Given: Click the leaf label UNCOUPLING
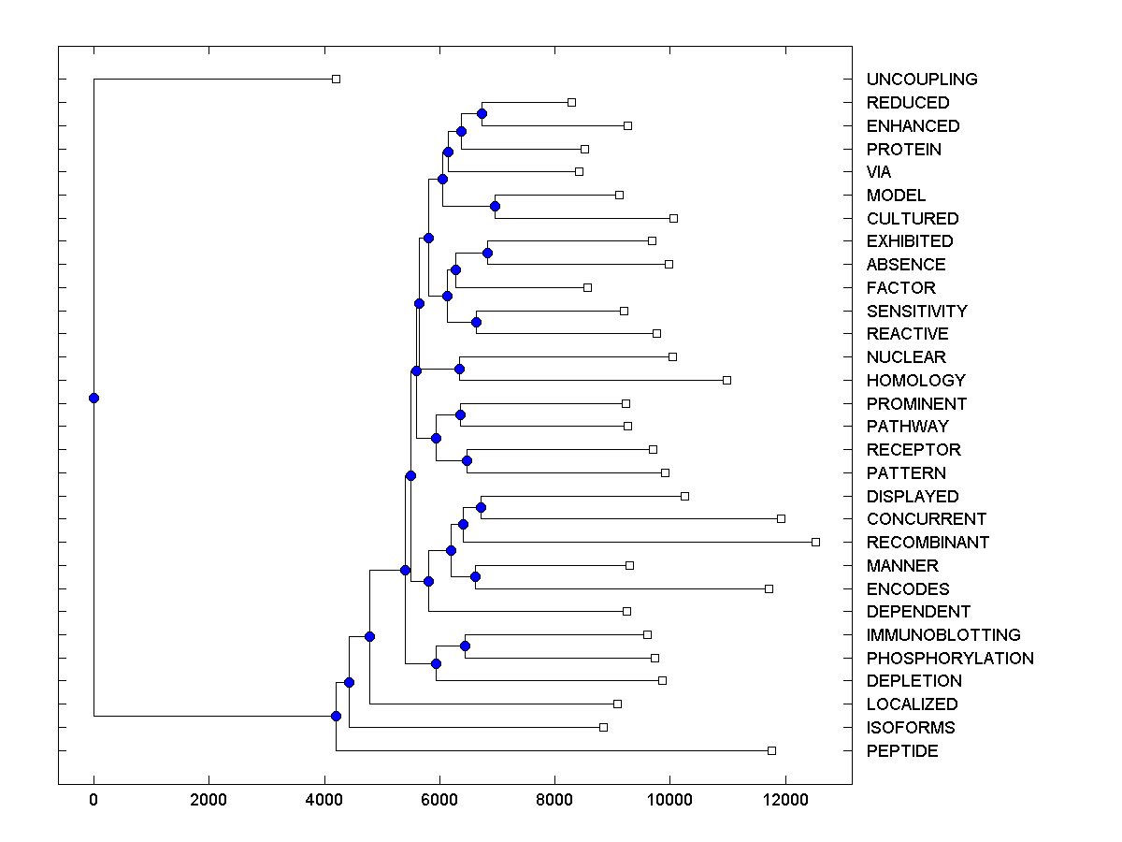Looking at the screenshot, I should [x=921, y=80].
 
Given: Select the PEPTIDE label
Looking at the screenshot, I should [x=901, y=751].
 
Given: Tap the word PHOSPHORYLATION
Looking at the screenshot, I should [x=949, y=659].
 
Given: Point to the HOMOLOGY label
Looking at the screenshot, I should [x=915, y=381].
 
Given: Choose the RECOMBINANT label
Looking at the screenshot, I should [x=927, y=543].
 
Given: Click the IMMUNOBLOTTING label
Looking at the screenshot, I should [x=942, y=635].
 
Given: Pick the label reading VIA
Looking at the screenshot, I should [x=879, y=172].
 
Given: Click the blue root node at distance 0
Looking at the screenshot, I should [x=93, y=398].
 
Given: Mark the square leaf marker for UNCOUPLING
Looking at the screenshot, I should [x=337, y=80].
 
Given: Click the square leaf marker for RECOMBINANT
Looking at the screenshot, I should [x=815, y=542].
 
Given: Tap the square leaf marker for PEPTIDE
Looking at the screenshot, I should [x=771, y=750].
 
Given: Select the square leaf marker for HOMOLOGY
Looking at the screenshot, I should [x=726, y=380].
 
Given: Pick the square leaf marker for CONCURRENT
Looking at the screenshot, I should [x=781, y=518].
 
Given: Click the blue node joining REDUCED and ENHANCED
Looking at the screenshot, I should [x=482, y=114].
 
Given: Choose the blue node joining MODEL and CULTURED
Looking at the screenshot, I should [x=496, y=207].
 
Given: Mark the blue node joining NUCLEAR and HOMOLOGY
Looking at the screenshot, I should [x=459, y=369].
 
